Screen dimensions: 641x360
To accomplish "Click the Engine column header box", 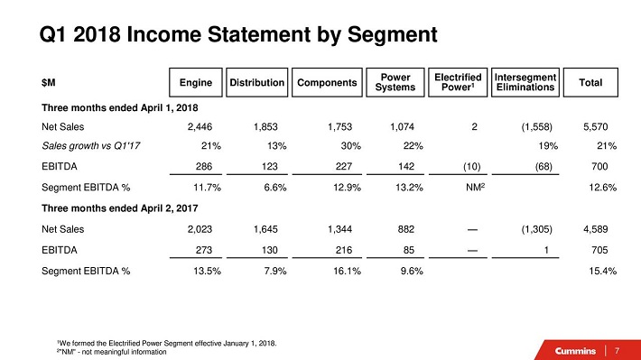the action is click(x=196, y=82).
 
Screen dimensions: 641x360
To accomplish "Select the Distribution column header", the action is click(x=256, y=82).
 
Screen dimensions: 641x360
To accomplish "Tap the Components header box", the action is click(x=327, y=82).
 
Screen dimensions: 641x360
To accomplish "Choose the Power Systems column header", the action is click(x=395, y=82).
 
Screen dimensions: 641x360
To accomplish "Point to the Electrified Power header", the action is click(x=458, y=82).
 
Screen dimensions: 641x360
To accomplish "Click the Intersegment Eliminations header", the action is click(x=525, y=82).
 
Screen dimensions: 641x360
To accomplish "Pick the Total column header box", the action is click(x=590, y=82).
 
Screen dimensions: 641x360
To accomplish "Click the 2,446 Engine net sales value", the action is click(x=200, y=126).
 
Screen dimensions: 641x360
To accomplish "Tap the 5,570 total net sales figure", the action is click(x=596, y=126).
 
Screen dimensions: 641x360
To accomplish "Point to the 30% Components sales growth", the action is click(x=351, y=146).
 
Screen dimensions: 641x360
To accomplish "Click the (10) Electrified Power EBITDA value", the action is click(x=472, y=166).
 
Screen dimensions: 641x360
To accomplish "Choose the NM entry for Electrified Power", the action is click(x=476, y=187).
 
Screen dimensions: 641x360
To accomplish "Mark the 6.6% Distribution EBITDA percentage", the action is click(x=275, y=188).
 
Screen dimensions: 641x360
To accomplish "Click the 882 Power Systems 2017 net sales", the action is click(x=406, y=229).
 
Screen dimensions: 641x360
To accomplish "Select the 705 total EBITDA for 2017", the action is click(x=599, y=250).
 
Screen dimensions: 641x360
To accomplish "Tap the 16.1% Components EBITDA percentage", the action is click(x=347, y=271).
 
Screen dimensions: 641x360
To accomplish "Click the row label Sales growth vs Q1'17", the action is click(x=91, y=146).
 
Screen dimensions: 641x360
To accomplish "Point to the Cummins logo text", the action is click(x=575, y=351).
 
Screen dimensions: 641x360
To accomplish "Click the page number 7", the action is click(x=617, y=351).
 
